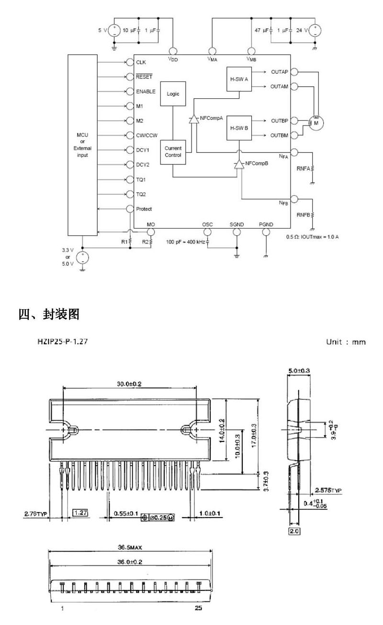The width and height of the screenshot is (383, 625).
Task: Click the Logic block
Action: pyautogui.click(x=173, y=94)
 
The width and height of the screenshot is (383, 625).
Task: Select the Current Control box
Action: pyautogui.click(x=173, y=152)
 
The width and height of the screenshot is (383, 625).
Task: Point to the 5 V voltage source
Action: pyautogui.click(x=114, y=31)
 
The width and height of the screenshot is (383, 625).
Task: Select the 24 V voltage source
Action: pyautogui.click(x=315, y=31)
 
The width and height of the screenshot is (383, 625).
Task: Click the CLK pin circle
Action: pyautogui.click(x=130, y=62)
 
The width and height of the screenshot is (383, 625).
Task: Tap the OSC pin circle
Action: pyautogui.click(x=207, y=231)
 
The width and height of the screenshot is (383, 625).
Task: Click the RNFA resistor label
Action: pyautogui.click(x=303, y=169)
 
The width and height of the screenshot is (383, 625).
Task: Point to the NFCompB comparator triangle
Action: pyautogui.click(x=238, y=164)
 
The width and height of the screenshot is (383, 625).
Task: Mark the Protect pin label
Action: pyautogui.click(x=144, y=209)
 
